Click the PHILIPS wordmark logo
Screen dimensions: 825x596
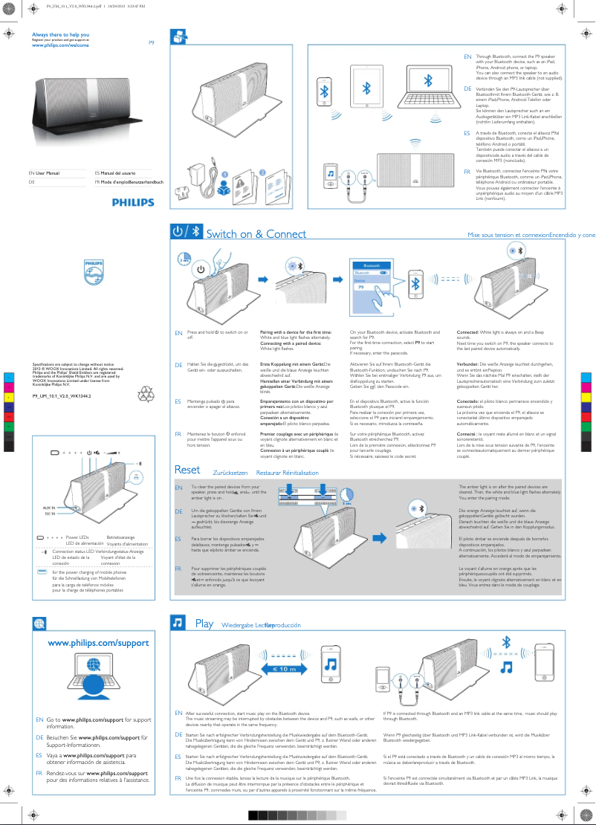tap(133, 202)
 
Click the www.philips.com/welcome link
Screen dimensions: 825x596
tap(60, 45)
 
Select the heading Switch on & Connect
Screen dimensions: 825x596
tap(256, 234)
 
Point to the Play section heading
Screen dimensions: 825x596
tap(204, 624)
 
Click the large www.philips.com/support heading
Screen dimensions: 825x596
tap(98, 643)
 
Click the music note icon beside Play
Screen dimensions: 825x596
tap(178, 622)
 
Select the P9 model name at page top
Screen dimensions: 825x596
tap(152, 42)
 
